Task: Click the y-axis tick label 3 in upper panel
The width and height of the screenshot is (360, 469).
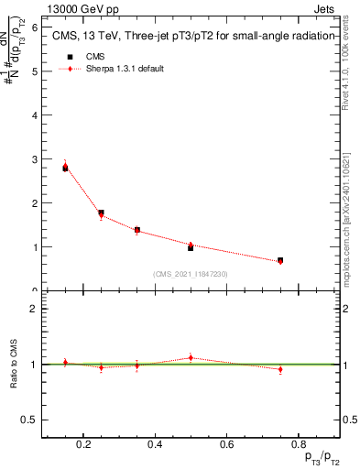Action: pos(34,159)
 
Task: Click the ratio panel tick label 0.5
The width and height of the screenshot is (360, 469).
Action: pos(29,420)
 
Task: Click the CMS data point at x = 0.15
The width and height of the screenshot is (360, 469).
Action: pos(66,168)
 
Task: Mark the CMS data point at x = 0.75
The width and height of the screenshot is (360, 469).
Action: pos(280,261)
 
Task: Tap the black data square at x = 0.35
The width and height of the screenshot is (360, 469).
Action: pos(137,230)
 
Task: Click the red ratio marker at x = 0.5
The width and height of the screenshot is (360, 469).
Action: pos(191,357)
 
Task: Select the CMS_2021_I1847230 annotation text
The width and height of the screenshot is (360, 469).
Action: pos(191,274)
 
